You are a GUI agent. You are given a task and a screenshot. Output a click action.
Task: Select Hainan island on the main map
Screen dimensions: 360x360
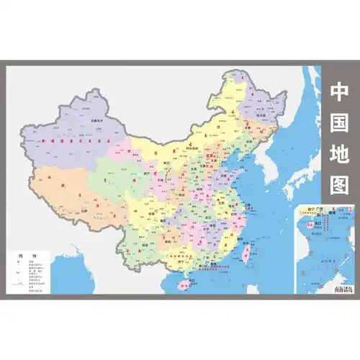point(185,282)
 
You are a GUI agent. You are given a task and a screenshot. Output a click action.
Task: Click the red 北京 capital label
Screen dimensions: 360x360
point(210,153)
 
